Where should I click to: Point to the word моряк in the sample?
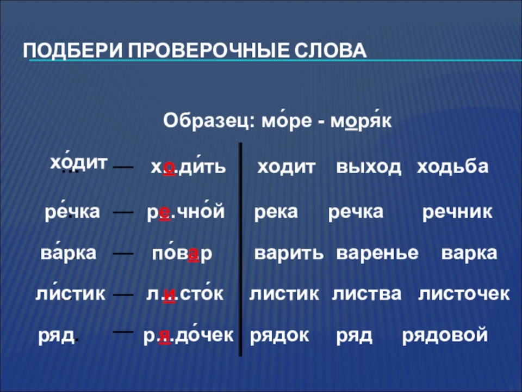[x=361, y=121]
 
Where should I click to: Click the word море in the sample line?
[x=287, y=121]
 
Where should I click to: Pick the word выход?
[x=369, y=167]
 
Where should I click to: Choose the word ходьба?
[x=453, y=167]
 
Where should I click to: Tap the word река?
[x=276, y=212]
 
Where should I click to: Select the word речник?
[x=457, y=212]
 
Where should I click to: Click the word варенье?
[x=377, y=253]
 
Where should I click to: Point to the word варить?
[x=289, y=253]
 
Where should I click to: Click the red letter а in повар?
[x=194, y=254]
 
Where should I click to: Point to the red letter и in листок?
[x=170, y=295]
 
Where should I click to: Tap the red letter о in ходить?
[x=169, y=167]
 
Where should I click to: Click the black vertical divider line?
[x=240, y=249]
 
